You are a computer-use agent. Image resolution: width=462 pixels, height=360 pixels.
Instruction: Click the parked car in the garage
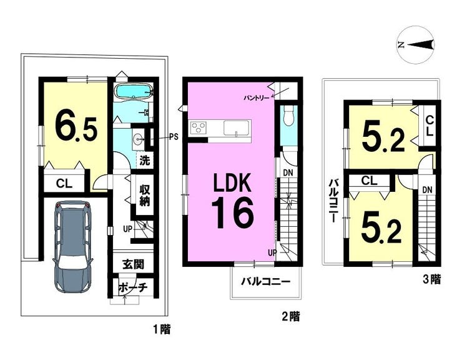pos(73,247)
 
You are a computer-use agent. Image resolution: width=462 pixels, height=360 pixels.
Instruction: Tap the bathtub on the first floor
pos(133,91)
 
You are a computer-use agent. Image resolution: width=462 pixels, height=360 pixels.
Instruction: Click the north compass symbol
pos(415,44)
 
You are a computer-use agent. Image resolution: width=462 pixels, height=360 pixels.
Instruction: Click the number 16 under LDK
pos(232,212)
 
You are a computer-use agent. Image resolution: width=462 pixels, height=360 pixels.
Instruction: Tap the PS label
pos(174,137)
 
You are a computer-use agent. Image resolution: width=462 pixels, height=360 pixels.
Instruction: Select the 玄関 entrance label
pos(133,264)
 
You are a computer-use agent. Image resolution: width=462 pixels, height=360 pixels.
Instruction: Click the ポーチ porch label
pos(132,287)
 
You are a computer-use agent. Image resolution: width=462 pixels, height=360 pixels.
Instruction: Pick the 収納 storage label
pos(145,195)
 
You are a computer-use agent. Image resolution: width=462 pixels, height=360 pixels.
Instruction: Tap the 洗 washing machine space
pos(145,160)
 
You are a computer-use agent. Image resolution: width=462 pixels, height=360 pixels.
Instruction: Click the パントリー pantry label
pos(256,97)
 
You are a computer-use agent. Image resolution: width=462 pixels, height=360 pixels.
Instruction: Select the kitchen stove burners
pos(199,127)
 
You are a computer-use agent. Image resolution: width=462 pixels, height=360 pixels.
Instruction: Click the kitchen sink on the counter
pos(237,128)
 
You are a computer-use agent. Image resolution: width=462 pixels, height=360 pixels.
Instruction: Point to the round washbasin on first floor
pos(137,138)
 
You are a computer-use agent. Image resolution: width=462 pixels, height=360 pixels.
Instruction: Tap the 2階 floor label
pos(291,317)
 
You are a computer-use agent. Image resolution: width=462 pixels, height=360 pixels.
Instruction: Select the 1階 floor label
pos(162,329)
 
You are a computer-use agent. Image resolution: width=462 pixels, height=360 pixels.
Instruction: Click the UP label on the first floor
pos(127,229)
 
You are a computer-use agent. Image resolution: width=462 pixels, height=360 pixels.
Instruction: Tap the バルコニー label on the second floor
pos(266,281)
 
